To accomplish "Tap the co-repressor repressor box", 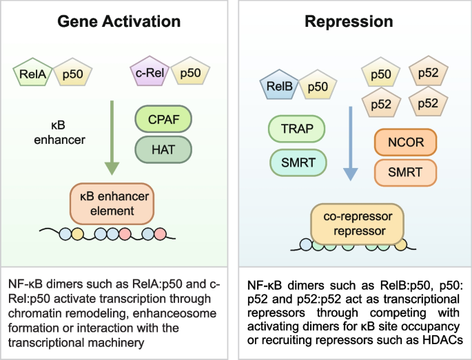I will pyautogui.click(x=349, y=222).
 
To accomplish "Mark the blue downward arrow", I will pyautogui.click(x=351, y=144).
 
